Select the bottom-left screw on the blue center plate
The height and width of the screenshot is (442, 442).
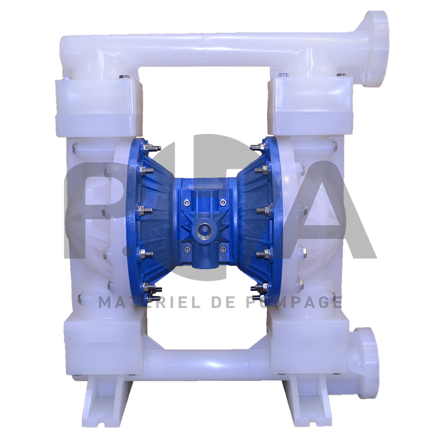pos(186,249)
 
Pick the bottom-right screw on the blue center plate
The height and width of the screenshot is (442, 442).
pos(223,249)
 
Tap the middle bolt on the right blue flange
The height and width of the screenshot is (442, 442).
pos(263,211)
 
